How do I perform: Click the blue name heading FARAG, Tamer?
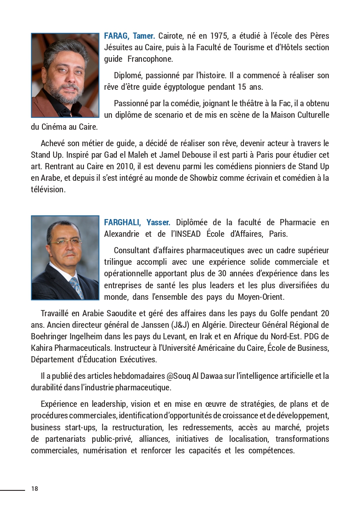tap(129, 36)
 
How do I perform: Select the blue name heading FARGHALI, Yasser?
tap(137, 222)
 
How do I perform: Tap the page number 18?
tap(35, 489)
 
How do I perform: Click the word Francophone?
tap(150, 59)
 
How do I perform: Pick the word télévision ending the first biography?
tap(48, 189)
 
